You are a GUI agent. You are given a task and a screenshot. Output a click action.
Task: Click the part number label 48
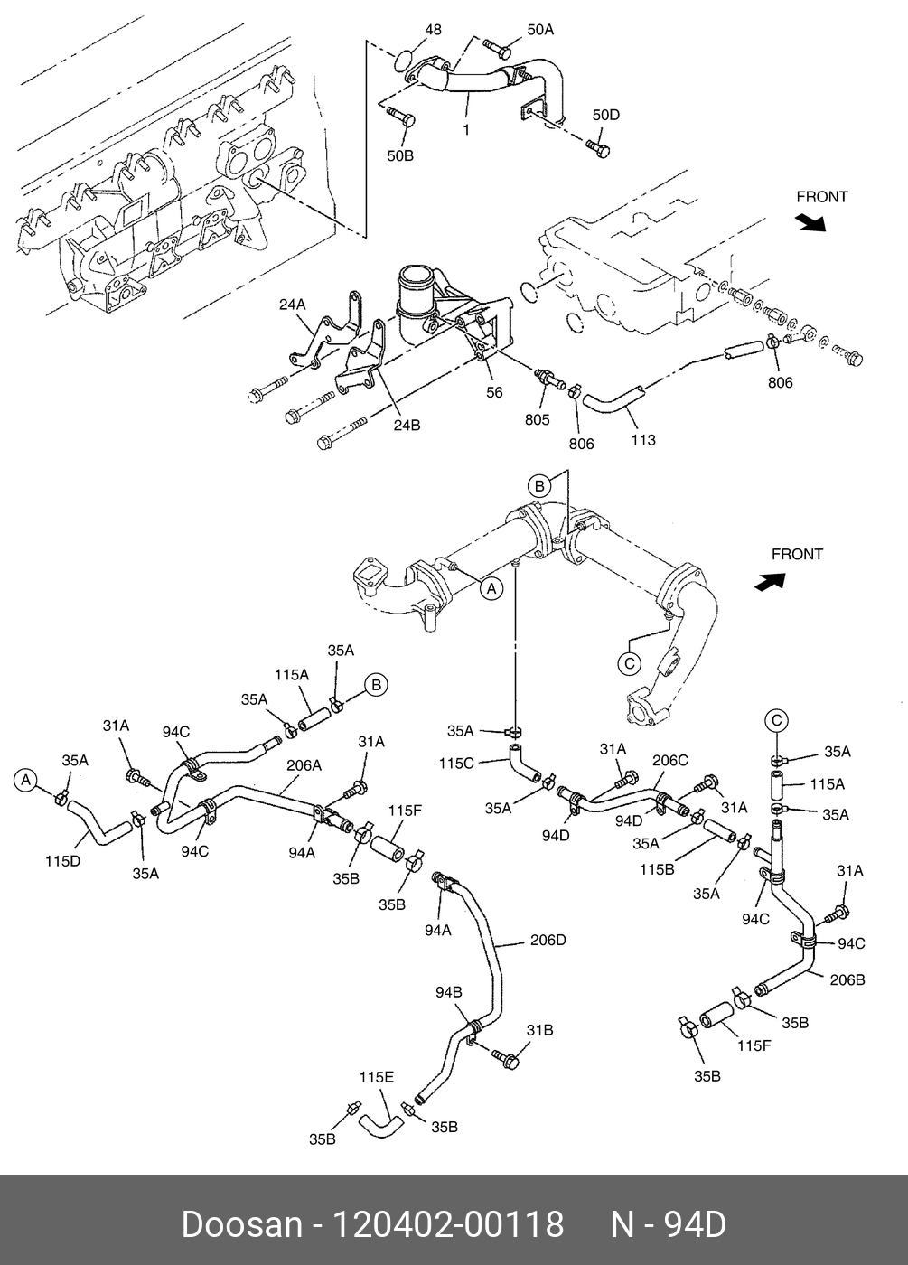point(433,30)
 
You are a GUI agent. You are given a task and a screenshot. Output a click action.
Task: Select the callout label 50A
point(539,30)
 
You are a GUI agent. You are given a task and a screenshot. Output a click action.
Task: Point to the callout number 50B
point(400,155)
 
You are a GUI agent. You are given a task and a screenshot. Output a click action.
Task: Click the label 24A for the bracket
point(292,305)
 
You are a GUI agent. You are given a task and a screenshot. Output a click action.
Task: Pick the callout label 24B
point(407,425)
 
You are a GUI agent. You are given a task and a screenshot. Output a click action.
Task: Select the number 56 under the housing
point(494,392)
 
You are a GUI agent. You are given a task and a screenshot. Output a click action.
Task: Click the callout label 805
point(537,419)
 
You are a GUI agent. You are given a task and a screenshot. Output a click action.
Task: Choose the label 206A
point(304,765)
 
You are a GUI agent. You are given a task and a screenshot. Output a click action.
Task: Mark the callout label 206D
point(548,940)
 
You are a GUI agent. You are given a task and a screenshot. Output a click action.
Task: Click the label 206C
point(669,761)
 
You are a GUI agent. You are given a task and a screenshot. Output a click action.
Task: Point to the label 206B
point(847,979)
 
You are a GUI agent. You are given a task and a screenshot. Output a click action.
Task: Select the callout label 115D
point(63,861)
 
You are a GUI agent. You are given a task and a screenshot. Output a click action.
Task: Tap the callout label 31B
point(540,1030)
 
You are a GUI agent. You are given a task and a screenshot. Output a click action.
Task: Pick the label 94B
point(449,992)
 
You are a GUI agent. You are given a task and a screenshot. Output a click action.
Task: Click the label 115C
point(456,764)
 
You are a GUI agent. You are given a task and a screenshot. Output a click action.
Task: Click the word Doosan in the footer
point(241,1224)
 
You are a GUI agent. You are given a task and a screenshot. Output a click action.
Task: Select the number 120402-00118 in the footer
point(449,1224)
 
